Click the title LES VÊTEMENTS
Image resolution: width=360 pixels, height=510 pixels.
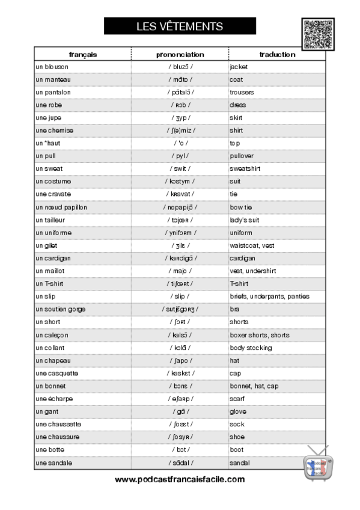point(180,26)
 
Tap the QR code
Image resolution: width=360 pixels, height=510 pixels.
point(318,34)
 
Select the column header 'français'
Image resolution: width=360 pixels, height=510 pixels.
point(82,54)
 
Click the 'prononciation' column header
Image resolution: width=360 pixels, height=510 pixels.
point(180,54)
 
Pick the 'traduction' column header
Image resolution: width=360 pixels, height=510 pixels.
point(277,54)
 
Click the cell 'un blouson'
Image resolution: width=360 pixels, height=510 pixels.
point(52,67)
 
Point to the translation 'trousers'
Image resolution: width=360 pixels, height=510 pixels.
point(242,92)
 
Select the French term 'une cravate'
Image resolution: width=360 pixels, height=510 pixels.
point(53,194)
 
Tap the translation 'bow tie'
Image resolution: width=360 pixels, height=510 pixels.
point(241,207)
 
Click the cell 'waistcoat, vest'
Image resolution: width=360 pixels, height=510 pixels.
point(252,245)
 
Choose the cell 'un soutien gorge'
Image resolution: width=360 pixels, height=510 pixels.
point(60,309)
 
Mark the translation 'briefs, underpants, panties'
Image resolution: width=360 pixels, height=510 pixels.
point(269,296)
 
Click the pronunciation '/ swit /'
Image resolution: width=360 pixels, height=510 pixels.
point(180,169)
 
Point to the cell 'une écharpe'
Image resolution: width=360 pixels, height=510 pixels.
point(53,399)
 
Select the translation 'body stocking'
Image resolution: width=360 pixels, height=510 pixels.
point(251,348)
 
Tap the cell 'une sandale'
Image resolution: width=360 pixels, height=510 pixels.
point(54,463)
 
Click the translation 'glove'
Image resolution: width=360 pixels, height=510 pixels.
point(238,411)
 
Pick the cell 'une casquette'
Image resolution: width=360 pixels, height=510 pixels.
point(56,373)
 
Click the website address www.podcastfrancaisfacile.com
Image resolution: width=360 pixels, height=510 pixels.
point(180,479)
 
